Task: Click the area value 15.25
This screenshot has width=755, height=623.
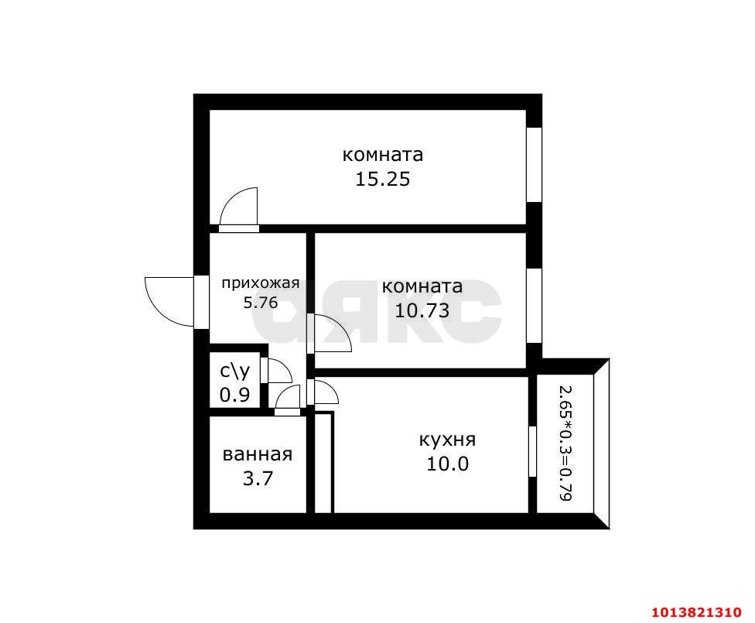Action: (381, 180)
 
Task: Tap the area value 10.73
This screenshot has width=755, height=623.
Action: (422, 311)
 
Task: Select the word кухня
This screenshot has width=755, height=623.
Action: (446, 440)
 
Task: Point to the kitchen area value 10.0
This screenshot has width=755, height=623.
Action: (446, 464)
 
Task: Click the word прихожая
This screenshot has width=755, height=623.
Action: (260, 283)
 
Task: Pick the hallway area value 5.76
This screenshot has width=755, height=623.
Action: (260, 303)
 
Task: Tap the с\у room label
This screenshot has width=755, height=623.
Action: (234, 371)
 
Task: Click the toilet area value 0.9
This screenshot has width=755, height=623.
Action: (234, 395)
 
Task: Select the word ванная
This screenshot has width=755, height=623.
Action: (257, 454)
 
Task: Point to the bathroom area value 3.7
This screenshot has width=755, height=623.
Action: (257, 478)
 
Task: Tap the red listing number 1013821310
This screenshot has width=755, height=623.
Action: (700, 611)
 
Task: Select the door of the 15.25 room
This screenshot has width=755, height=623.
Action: (239, 210)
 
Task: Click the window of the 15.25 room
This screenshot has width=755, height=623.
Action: (534, 164)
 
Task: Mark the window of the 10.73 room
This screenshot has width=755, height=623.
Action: (534, 305)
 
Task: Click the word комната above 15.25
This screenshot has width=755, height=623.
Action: (382, 155)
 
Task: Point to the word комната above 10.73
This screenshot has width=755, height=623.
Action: (422, 286)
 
